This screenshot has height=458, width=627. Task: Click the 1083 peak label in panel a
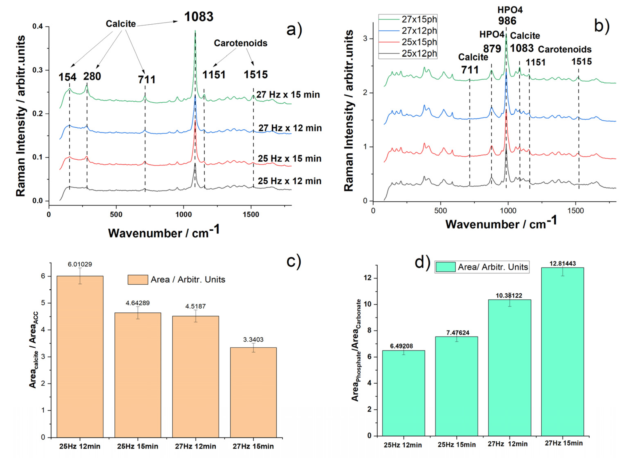[x=199, y=17]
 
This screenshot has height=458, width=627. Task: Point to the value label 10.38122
[x=509, y=296]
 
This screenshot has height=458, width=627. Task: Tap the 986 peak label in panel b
[x=507, y=21]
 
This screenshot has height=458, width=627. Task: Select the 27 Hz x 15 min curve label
[x=288, y=95]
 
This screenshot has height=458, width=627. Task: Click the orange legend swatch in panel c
[x=138, y=280]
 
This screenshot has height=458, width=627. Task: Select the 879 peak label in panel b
[x=492, y=49]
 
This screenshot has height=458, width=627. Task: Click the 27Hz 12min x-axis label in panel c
[x=195, y=446]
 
